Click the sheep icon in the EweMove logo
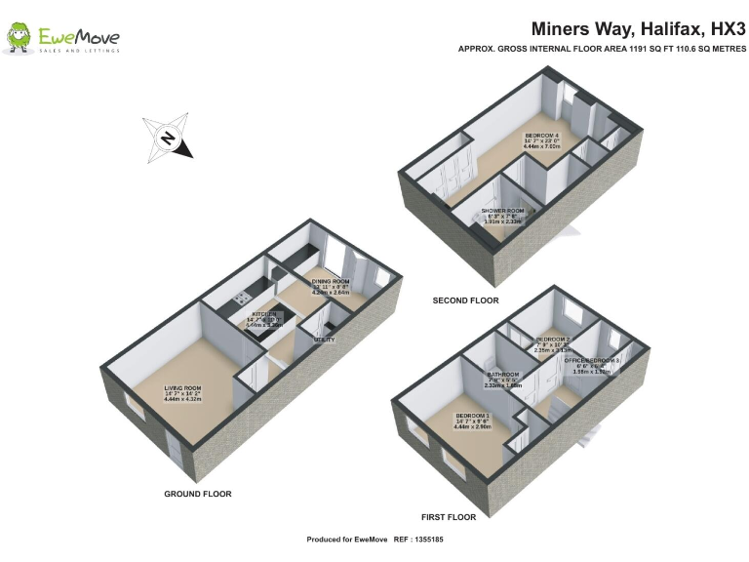pos(19,37)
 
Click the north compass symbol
pos(167,139)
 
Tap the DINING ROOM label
pos(331,283)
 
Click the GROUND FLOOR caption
pos(198,495)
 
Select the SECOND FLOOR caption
pos(465,301)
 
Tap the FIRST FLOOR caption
pos(449,516)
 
